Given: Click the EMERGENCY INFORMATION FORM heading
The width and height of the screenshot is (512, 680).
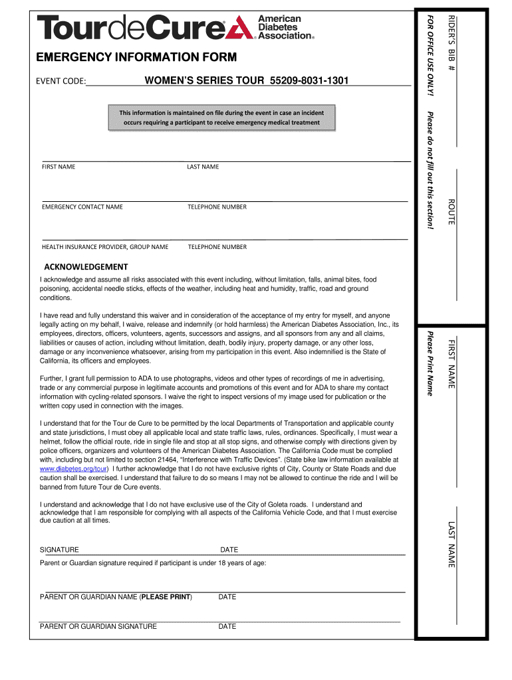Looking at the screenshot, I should click(x=136, y=58).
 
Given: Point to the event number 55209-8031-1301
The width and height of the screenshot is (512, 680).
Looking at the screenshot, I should click(x=309, y=81).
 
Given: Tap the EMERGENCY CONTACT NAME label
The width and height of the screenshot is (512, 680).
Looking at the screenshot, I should click(x=82, y=207).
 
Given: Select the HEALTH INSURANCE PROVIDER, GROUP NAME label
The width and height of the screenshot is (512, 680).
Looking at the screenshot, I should click(x=105, y=247).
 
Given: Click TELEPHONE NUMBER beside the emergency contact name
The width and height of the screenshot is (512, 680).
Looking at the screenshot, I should click(x=217, y=207).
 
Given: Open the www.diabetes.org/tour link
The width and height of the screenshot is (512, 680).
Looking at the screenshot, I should click(x=74, y=468).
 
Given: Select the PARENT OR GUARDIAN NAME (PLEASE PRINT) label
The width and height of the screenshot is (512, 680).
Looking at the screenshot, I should click(x=116, y=597).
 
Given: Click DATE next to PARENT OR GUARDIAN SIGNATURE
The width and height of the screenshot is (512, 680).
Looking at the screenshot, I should click(x=227, y=626).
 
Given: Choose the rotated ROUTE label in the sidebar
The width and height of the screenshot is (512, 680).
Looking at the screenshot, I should click(x=451, y=211).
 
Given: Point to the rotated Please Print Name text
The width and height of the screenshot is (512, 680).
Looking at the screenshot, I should click(x=430, y=363).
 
